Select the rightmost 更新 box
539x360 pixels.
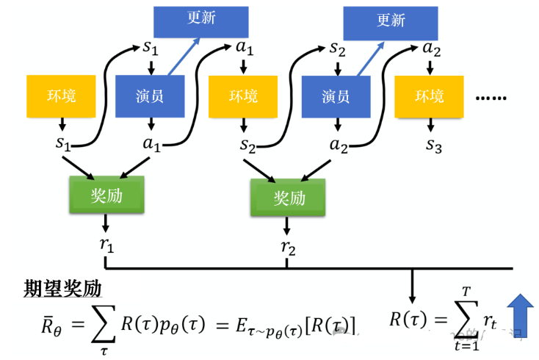pyautogui.click(x=391, y=21)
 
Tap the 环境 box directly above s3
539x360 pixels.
pyautogui.click(x=430, y=96)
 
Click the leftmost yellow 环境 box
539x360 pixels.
pyautogui.click(x=61, y=96)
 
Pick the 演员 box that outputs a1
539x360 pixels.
pyautogui.click(x=150, y=96)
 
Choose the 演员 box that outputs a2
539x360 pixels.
pyautogui.click(x=336, y=96)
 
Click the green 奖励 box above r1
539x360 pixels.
pyautogui.click(x=106, y=194)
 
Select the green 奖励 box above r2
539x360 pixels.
pyautogui.click(x=288, y=198)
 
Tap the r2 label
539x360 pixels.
pyautogui.click(x=288, y=248)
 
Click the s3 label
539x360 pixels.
pyautogui.click(x=433, y=144)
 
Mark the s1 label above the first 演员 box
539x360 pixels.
pyautogui.click(x=150, y=48)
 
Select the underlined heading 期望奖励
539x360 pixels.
pyautogui.click(x=62, y=287)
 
